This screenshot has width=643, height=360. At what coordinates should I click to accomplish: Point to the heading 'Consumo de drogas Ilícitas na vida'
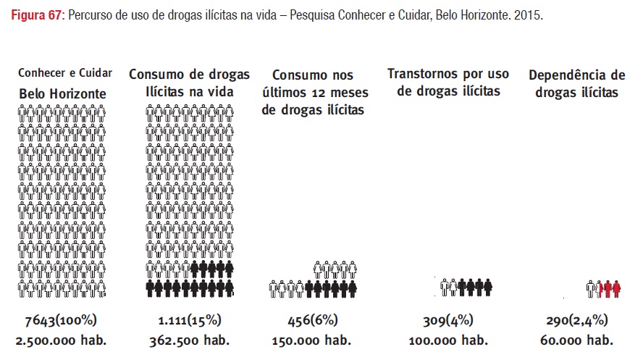(189, 83)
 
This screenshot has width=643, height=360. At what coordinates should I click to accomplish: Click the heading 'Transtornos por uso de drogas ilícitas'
(448, 83)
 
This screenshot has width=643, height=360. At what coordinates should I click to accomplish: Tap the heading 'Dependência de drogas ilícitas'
(576, 83)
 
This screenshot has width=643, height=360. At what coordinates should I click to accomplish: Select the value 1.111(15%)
(189, 320)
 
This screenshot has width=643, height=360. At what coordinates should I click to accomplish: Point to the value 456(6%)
(313, 320)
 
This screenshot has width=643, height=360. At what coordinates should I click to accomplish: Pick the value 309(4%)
(448, 320)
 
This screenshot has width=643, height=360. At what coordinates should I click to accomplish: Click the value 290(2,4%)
(576, 320)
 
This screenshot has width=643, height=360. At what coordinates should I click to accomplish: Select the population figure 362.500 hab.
(189, 340)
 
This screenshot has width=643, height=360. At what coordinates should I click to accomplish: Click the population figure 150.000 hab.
(314, 340)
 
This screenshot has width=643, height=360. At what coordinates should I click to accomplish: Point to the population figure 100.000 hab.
(448, 340)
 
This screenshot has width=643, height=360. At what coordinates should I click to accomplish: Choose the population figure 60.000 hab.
(576, 340)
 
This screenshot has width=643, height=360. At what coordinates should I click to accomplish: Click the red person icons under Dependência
(608, 288)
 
